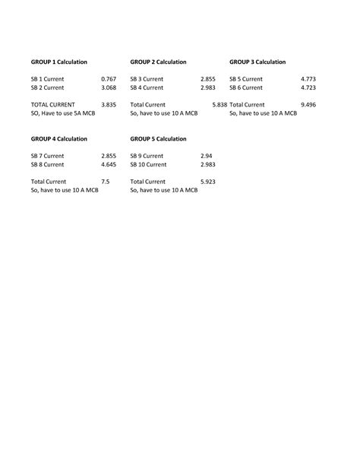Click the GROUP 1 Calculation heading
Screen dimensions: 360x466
58,62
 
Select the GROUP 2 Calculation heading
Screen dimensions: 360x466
158,62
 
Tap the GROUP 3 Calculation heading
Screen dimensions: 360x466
257,62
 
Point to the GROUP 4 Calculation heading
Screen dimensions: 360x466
58,139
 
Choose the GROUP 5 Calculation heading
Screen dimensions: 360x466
158,139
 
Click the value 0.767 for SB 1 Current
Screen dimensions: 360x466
109,78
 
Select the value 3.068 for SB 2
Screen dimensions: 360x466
109,87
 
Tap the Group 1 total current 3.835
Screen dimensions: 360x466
109,104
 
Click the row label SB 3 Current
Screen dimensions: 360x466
147,78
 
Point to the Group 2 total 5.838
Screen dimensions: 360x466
219,104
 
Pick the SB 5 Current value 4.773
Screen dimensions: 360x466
308,78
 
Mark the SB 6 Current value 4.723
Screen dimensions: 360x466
308,87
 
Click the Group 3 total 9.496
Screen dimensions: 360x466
308,104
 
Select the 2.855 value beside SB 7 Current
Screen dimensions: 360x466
109,156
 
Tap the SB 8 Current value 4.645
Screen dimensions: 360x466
109,164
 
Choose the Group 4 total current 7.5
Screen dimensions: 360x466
105,182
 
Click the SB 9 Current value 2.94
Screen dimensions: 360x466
207,156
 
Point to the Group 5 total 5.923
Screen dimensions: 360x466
208,182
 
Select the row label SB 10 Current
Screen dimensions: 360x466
148,164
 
